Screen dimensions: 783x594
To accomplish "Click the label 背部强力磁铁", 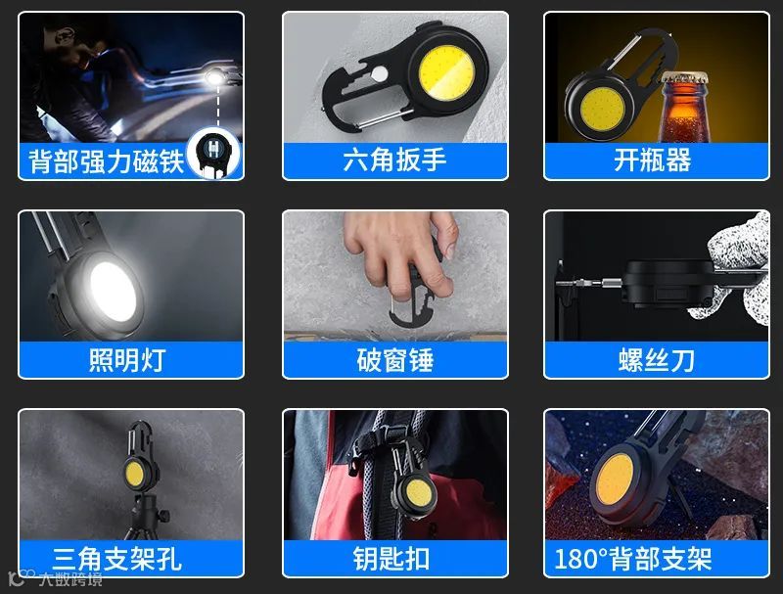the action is [107, 161].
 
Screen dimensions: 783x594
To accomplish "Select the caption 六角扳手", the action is [394, 160].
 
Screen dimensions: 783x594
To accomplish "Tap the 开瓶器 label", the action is [653, 160].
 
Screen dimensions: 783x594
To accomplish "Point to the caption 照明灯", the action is [127, 360].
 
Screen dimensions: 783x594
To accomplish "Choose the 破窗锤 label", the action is [395, 360].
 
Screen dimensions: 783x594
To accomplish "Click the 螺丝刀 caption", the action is [656, 360].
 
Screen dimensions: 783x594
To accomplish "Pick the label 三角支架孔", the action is [116, 559].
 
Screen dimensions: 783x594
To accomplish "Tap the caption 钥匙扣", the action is [391, 559].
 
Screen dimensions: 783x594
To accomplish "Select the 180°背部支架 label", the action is [633, 559].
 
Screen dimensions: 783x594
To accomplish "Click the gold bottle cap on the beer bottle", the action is [683, 77].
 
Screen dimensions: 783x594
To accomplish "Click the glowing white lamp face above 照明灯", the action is [113, 292].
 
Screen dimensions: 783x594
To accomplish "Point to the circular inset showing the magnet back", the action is [214, 153].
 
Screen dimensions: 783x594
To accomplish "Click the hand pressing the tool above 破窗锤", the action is [402, 253].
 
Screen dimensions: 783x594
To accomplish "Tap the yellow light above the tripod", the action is [134, 475].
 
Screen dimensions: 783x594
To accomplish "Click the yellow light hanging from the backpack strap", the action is [418, 492].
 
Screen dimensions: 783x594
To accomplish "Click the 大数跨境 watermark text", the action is [70, 579].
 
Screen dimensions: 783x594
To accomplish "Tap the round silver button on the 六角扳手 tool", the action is [380, 73].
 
